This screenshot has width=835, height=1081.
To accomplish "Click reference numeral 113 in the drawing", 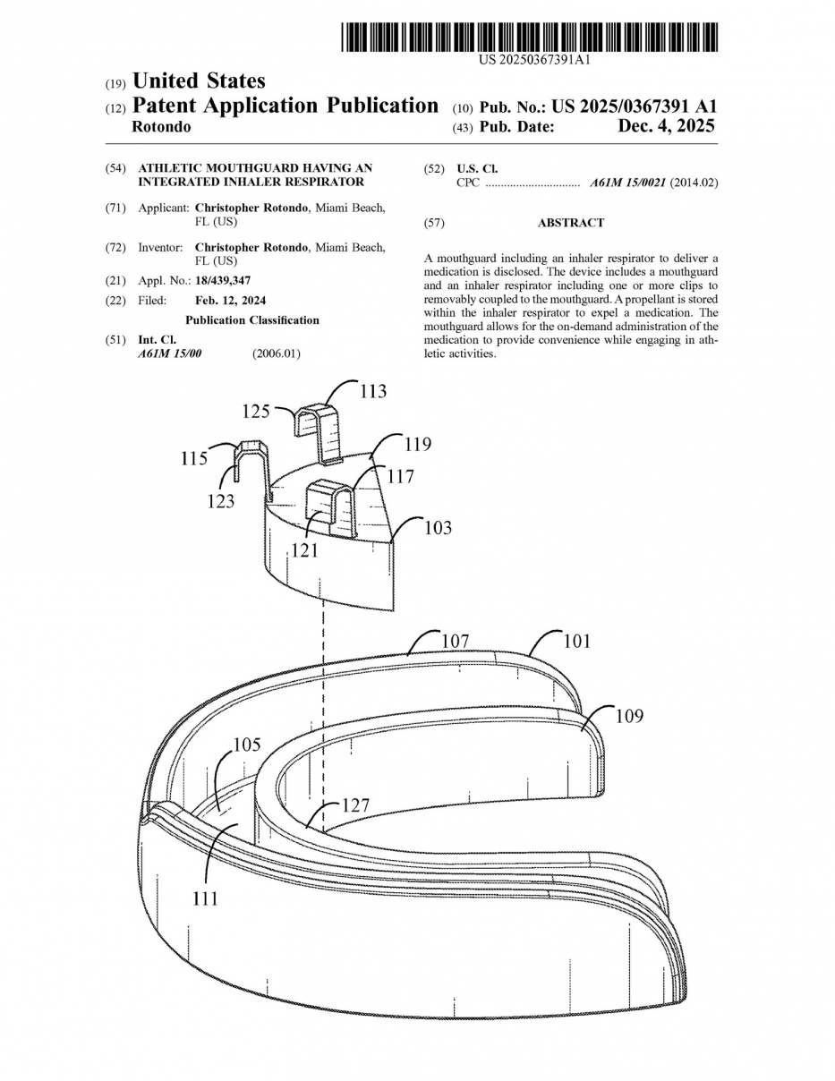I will pyautogui.click(x=373, y=391).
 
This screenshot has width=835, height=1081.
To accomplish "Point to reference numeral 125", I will pyautogui.click(x=256, y=412).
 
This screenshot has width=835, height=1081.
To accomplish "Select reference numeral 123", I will pyautogui.click(x=220, y=501).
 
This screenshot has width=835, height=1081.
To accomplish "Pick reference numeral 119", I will pyautogui.click(x=417, y=444).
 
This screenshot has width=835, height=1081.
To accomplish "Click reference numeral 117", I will pyautogui.click(x=400, y=477).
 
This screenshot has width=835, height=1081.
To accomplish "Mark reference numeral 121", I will pyautogui.click(x=304, y=550).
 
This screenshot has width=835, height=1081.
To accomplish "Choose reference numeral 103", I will pyautogui.click(x=438, y=528).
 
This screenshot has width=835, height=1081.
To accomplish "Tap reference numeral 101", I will pyautogui.click(x=576, y=641).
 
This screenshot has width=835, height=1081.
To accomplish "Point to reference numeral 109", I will pyautogui.click(x=629, y=716).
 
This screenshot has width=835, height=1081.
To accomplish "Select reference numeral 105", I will pyautogui.click(x=247, y=745).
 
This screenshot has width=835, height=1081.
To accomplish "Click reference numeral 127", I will pyautogui.click(x=355, y=805).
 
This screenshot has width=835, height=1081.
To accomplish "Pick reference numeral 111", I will pyautogui.click(x=205, y=898).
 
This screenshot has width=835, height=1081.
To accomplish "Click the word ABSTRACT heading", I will pyautogui.click(x=570, y=223).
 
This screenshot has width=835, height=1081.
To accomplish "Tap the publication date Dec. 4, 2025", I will pyautogui.click(x=666, y=127).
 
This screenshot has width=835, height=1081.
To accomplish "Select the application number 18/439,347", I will pyautogui.click(x=223, y=280).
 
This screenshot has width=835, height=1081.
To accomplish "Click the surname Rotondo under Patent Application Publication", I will pyautogui.click(x=161, y=127).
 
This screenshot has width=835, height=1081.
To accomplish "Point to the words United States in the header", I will pyautogui.click(x=199, y=82).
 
